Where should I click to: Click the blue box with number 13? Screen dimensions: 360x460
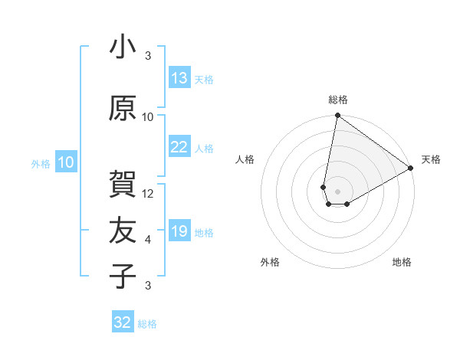pyautogui.click(x=179, y=78)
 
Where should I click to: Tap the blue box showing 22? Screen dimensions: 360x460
pyautogui.click(x=179, y=147)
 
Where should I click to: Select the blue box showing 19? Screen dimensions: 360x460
pyautogui.click(x=179, y=231)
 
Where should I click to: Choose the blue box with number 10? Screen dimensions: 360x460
pyautogui.click(x=66, y=162)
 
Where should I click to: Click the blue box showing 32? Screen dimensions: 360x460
pyautogui.click(x=123, y=322)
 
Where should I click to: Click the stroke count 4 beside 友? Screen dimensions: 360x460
pyautogui.click(x=148, y=240)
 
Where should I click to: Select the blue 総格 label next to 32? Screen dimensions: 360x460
pyautogui.click(x=147, y=324)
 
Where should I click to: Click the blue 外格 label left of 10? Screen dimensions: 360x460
pyautogui.click(x=40, y=164)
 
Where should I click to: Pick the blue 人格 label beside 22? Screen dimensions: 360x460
pyautogui.click(x=204, y=149)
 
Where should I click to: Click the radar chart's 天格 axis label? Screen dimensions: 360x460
pyautogui.click(x=431, y=159)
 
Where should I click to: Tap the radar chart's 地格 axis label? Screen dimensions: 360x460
pyautogui.click(x=402, y=262)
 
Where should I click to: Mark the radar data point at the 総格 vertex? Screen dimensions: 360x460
pyautogui.click(x=337, y=116)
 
